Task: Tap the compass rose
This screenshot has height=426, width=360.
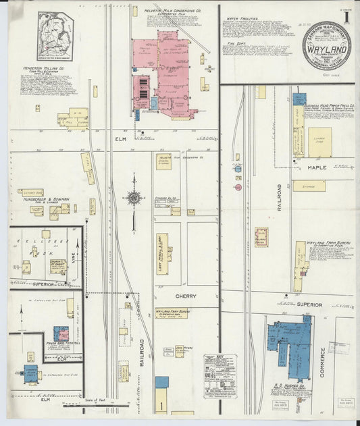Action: coord(134,198)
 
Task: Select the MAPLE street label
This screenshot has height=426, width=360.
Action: coord(317,167)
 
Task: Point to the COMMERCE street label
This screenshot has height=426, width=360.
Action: coord(323,363)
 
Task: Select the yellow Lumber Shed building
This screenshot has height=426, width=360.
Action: coord(319,142)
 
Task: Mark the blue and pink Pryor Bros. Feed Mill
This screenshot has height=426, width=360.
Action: coord(61,334)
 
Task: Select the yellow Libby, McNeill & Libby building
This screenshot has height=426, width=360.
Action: coord(162,254)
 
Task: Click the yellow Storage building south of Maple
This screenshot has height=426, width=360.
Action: coord(309,185)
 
